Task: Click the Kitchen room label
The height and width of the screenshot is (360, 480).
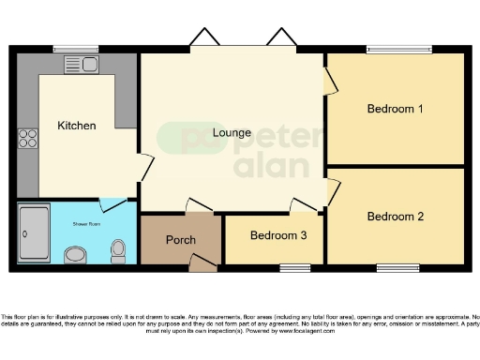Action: [x=77, y=126]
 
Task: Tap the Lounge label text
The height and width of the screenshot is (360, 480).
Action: [x=232, y=132]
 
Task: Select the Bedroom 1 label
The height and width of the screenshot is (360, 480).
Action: [x=395, y=109]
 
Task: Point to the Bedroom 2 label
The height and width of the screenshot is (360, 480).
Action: [x=395, y=217]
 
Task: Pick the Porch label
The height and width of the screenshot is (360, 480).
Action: [x=181, y=240]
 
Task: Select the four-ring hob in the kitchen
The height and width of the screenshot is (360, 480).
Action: [x=27, y=140]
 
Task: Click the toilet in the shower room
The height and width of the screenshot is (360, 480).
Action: [x=118, y=249]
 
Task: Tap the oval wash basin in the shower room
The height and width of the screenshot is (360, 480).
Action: [x=77, y=252]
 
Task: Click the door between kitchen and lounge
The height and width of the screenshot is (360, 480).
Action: [x=143, y=169]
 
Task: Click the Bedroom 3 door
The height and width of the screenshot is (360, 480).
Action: [x=304, y=205]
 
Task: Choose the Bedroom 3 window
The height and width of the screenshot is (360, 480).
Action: [x=294, y=268]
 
